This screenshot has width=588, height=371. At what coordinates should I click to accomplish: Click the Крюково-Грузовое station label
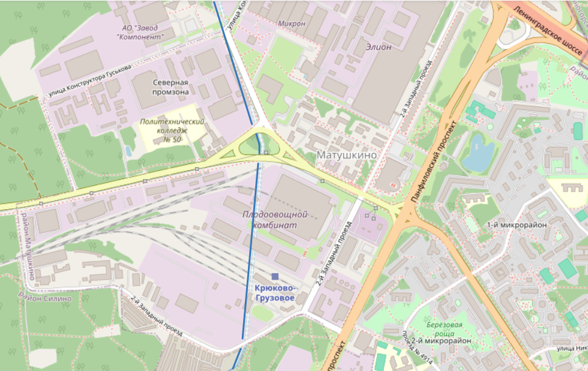point(274,293)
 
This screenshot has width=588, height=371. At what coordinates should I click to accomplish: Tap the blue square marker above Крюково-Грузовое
point(275,276)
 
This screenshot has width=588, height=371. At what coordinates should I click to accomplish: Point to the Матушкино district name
point(346,155)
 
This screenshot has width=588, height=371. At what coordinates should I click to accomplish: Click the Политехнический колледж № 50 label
point(172,130)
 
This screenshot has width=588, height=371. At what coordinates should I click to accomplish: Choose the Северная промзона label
point(170,87)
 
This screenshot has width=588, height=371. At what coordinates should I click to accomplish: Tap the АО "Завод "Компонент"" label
point(140,32)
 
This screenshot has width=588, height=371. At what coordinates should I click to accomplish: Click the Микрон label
point(292,23)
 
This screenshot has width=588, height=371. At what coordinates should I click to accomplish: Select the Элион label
point(378,46)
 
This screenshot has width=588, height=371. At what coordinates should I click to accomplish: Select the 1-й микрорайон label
point(507,224)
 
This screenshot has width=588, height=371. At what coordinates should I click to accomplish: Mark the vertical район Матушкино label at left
point(28,247)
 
